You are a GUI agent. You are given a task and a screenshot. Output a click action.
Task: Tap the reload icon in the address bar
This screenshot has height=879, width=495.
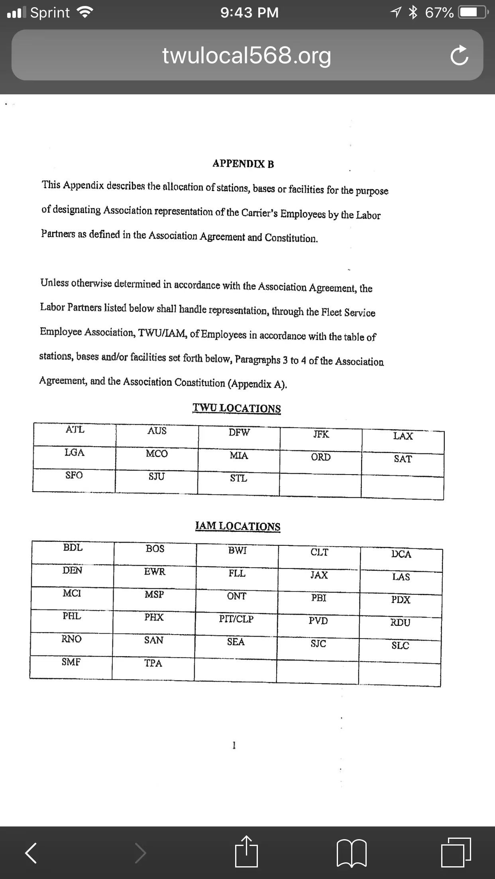459,56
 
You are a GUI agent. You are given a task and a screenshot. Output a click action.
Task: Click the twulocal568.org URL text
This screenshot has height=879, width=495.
247,55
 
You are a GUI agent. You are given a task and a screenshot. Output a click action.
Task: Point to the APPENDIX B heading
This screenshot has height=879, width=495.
243,164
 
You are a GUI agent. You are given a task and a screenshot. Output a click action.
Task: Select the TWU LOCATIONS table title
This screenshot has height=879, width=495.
237,408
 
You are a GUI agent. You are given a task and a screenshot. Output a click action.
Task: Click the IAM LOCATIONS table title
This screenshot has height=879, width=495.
238,526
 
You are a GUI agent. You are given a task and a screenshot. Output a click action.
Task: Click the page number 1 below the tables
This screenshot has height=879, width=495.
234,745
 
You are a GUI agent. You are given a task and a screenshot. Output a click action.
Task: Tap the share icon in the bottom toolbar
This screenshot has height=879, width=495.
247,852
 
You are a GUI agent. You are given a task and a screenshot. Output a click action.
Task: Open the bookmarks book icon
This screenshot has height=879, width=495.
352,853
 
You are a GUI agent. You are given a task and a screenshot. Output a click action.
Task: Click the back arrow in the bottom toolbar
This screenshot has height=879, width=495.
31,853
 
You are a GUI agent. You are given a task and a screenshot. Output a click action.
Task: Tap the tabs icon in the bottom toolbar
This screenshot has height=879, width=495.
456,852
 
